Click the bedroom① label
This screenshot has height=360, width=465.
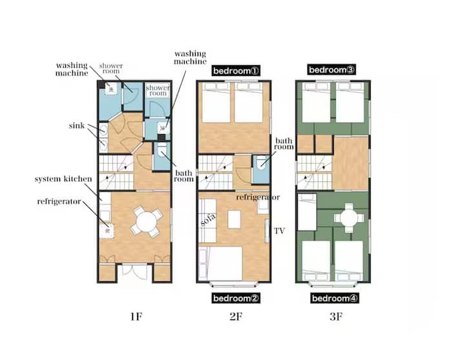point(236,71)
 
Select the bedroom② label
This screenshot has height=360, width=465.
point(236,298)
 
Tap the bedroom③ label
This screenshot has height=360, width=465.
point(331,70)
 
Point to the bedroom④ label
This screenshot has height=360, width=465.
point(335,298)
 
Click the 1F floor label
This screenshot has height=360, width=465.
point(136,317)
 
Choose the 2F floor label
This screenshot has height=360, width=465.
point(236,317)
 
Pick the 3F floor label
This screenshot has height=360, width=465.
point(336,317)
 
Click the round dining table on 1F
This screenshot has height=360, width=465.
point(147,221)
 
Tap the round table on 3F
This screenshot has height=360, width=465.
point(349,218)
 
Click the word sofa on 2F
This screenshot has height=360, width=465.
point(208,220)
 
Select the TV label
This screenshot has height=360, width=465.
point(279,231)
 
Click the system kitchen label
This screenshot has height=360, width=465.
point(63,179)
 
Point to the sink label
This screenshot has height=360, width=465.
point(76,126)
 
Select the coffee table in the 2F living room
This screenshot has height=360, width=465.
point(234,219)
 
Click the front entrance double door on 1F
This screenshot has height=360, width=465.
point(135,270)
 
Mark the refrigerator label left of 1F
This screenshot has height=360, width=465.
point(59,201)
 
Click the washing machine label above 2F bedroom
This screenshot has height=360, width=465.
point(190,57)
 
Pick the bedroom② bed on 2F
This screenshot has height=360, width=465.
point(220,264)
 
